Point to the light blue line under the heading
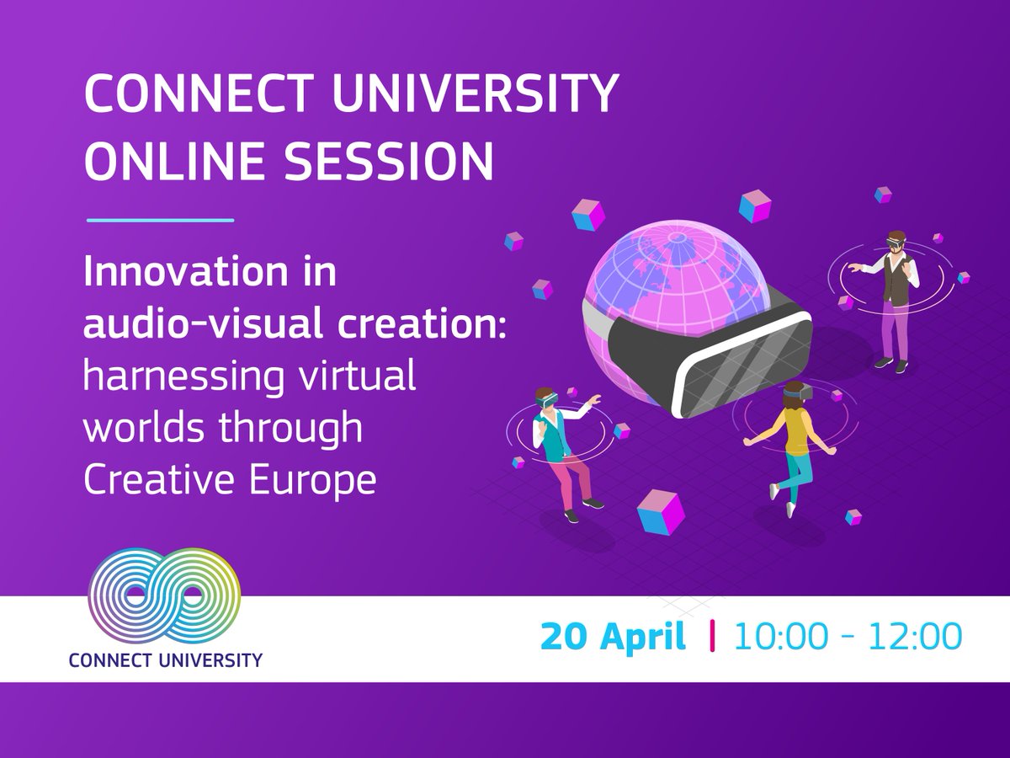[x=159, y=221]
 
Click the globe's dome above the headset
[x=673, y=270]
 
